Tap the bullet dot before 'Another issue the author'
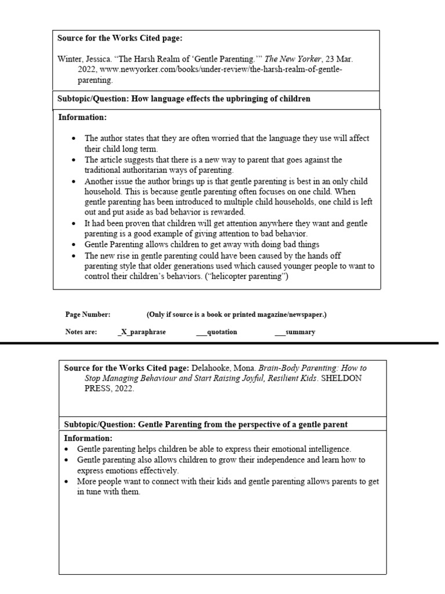[x=73, y=181]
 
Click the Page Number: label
[x=87, y=314]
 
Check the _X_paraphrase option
[x=141, y=332]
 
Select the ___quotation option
[x=216, y=332]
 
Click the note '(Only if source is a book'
[x=236, y=314]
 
